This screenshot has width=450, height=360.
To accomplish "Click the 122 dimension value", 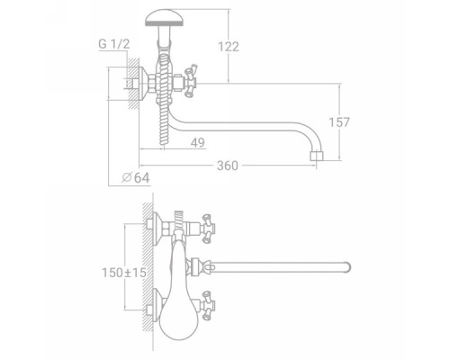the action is point(229,47).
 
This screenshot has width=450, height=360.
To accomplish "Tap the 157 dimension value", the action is point(339,122).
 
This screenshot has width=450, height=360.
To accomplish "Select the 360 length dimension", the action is point(228,166).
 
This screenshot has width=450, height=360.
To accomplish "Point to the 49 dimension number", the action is point(198,142).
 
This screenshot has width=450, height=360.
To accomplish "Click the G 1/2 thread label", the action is point(114,44).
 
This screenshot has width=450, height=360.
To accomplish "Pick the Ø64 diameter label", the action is point(136,177).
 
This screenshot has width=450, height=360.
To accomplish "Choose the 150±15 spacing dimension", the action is point(124,273).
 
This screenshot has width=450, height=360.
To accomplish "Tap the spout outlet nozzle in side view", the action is point(317,156).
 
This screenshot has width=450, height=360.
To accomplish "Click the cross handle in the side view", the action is point(190,80).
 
